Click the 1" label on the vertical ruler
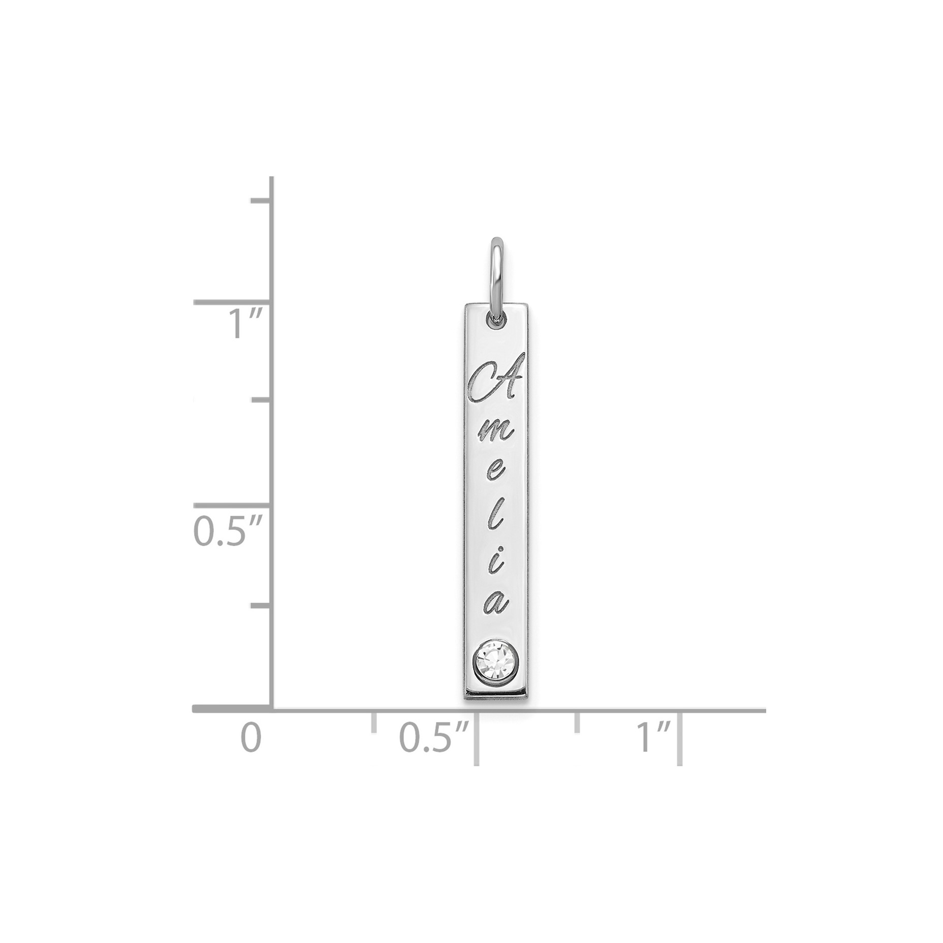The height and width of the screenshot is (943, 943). click(x=244, y=324)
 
